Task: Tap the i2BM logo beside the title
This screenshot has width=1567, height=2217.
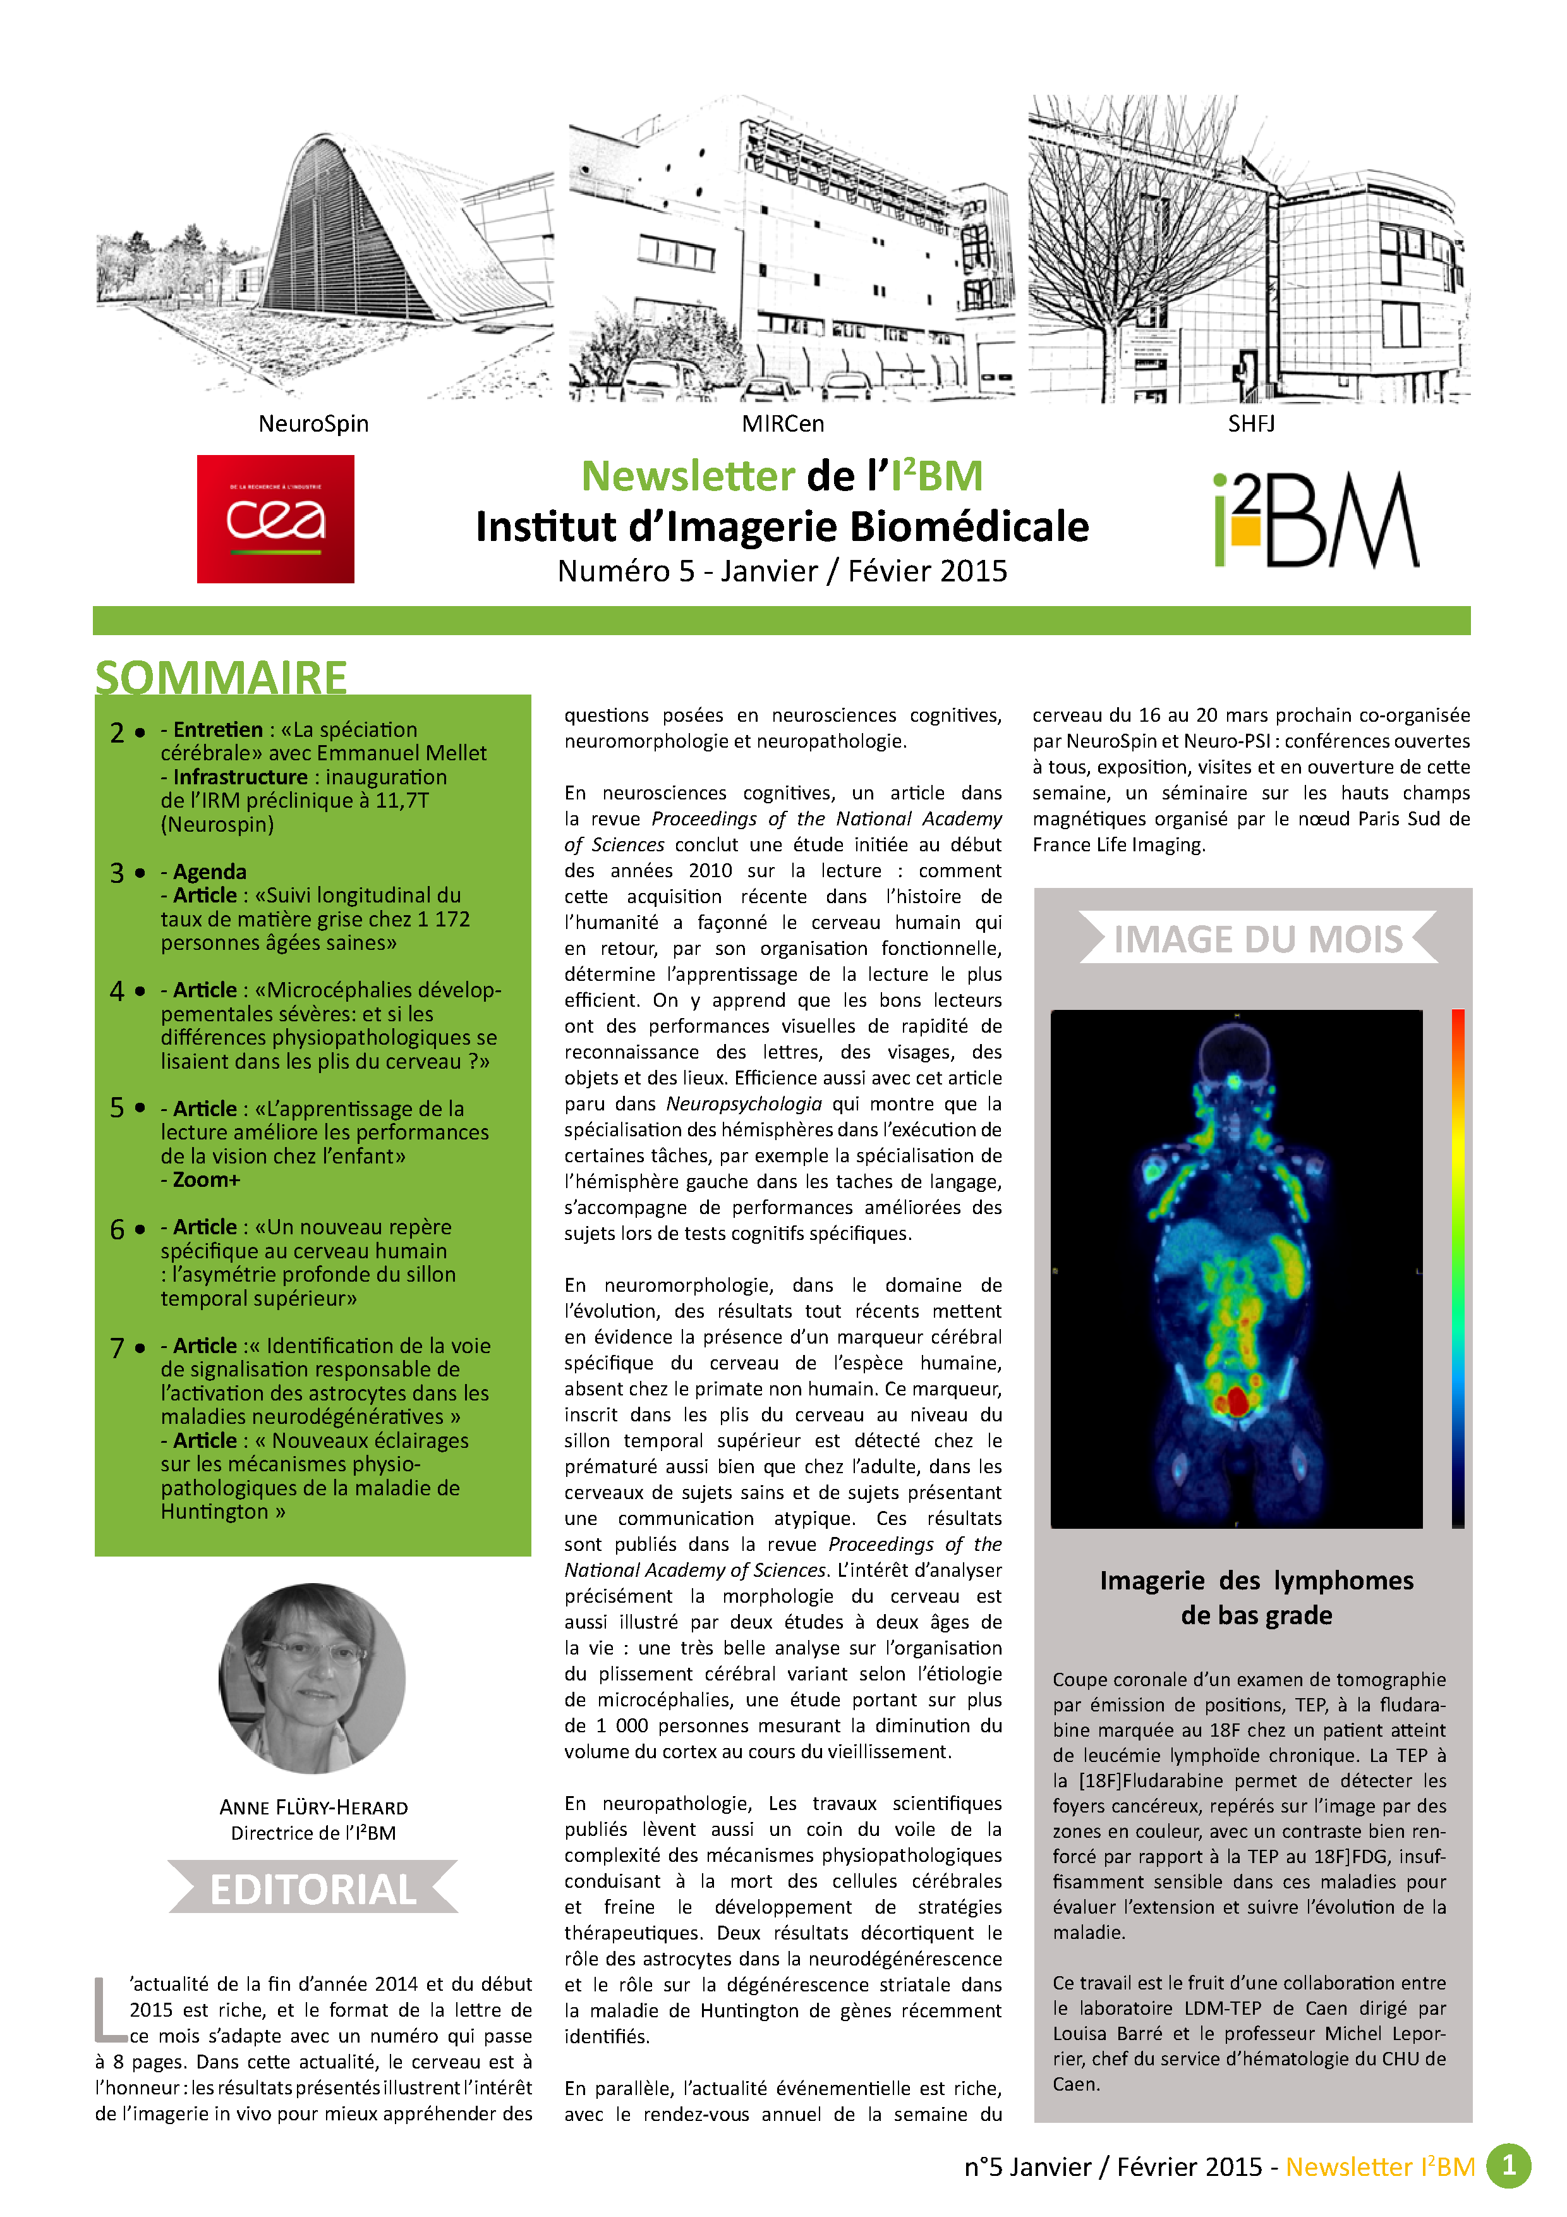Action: coord(1316,519)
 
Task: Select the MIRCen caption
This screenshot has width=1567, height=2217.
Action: coord(782,424)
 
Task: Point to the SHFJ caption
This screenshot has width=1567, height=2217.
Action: coord(1250,424)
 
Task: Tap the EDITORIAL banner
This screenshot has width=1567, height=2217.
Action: coord(313,1890)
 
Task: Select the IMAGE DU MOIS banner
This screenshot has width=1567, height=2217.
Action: coord(1257,938)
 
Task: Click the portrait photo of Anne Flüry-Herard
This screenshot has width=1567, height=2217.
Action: coord(312,1678)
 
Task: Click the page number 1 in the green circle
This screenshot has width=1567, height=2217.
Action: coord(1508,2167)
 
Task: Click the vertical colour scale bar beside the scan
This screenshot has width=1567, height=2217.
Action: coord(1457,1268)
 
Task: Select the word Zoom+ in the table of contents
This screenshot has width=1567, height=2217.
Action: coord(207,1180)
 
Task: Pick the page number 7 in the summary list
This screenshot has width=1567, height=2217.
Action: coord(117,1348)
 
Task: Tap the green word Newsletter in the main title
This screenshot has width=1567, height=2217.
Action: coord(687,476)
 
